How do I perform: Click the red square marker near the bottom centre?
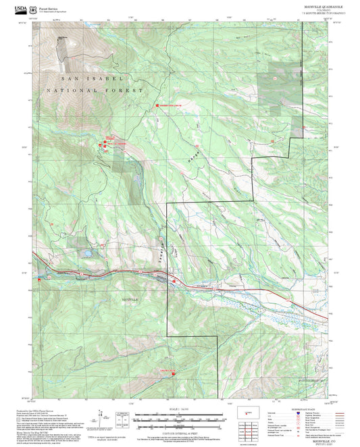[x=172, y=373]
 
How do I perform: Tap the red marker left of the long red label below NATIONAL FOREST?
[x=156, y=106]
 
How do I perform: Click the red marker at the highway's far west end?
[x=43, y=276]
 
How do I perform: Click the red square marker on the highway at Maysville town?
[x=174, y=280]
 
